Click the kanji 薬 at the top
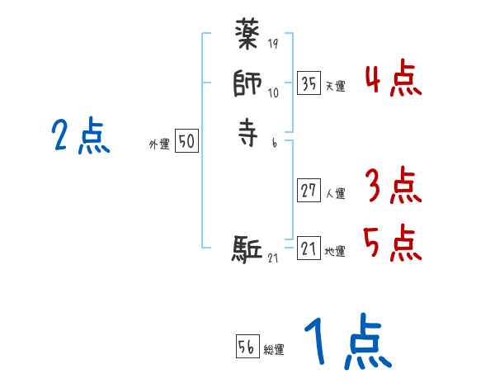[247, 37]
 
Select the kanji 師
[247, 84]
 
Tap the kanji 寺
[247, 132]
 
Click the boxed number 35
[309, 84]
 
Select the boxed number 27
[309, 192]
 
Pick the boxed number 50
[186, 142]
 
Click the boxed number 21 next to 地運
[309, 249]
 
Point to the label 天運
[335, 87]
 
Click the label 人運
[335, 194]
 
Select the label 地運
[335, 252]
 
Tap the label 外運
[159, 144]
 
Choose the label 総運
[274, 349]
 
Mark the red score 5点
[393, 244]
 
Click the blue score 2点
[80, 136]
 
